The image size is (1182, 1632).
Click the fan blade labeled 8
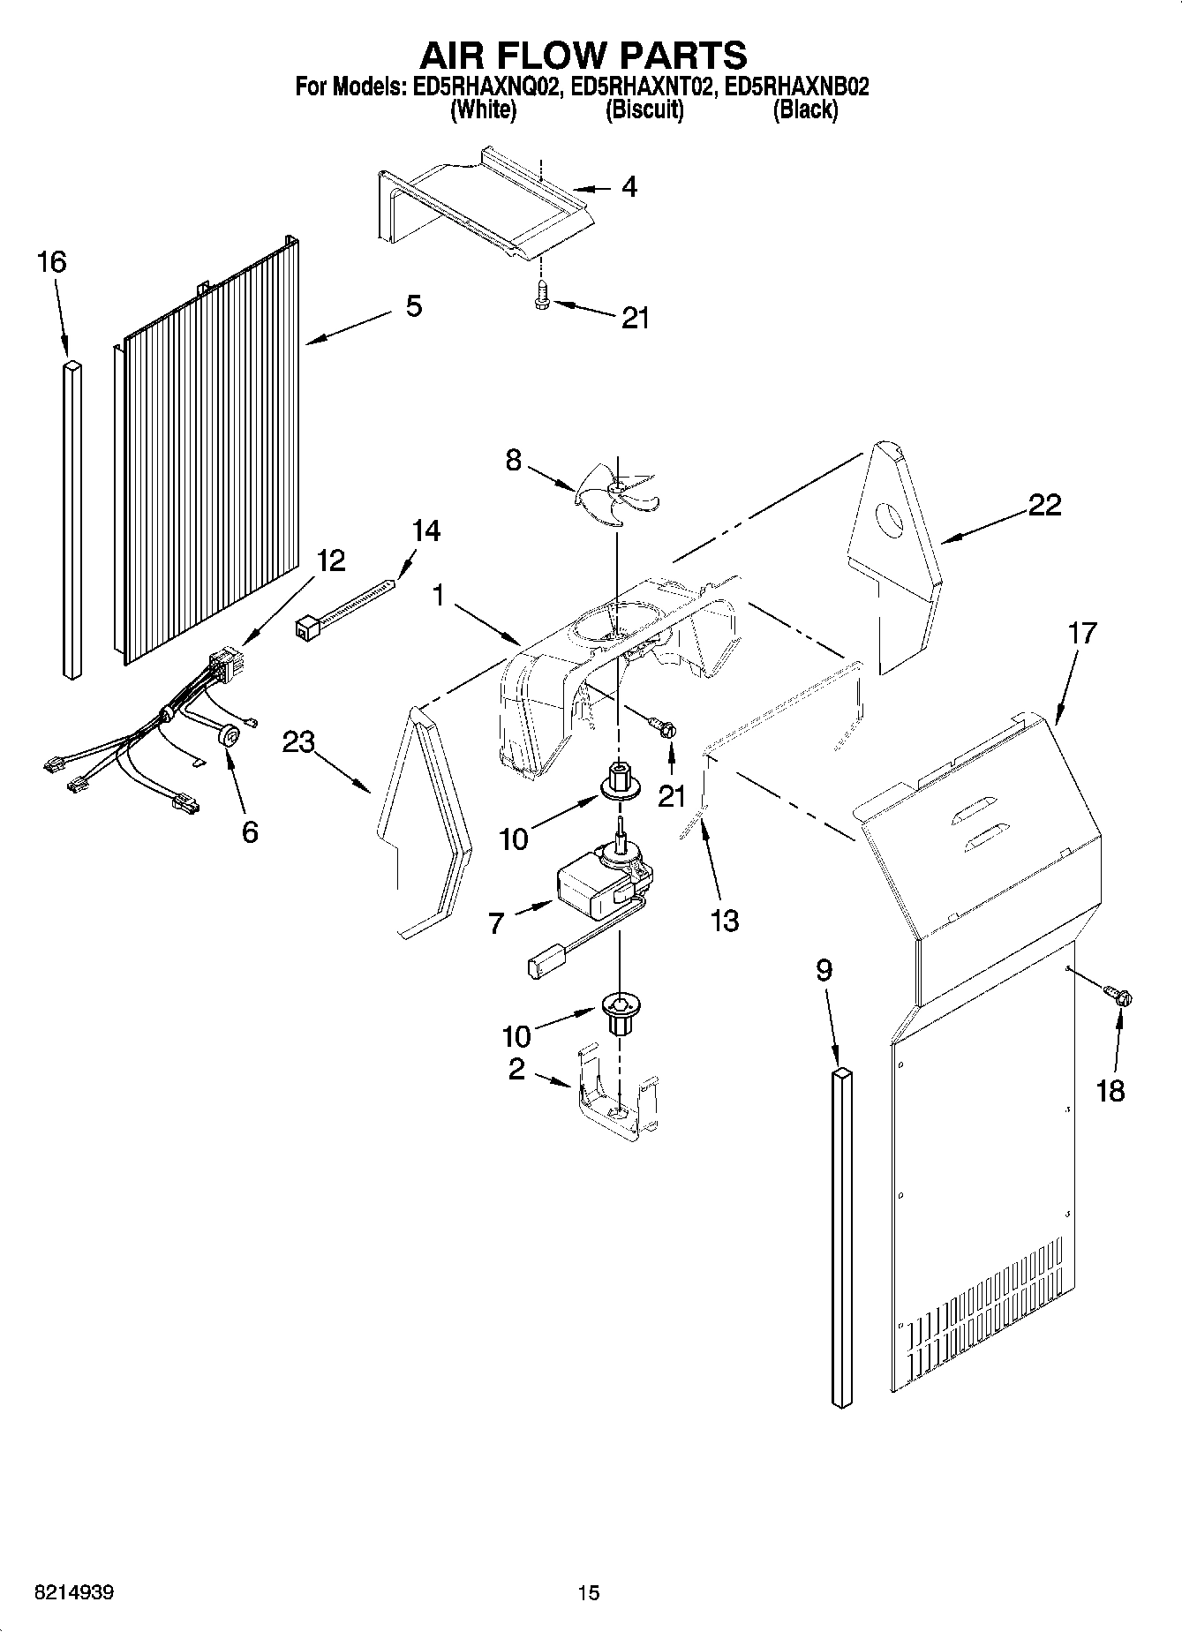[617, 498]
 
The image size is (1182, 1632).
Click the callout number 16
[52, 262]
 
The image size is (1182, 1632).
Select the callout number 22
[1045, 505]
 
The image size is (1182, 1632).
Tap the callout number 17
[1081, 633]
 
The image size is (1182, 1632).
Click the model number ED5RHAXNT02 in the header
[642, 86]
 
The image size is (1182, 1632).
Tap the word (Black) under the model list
[804, 110]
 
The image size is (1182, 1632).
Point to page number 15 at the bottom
[588, 1593]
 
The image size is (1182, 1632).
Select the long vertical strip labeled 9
[843, 1236]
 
